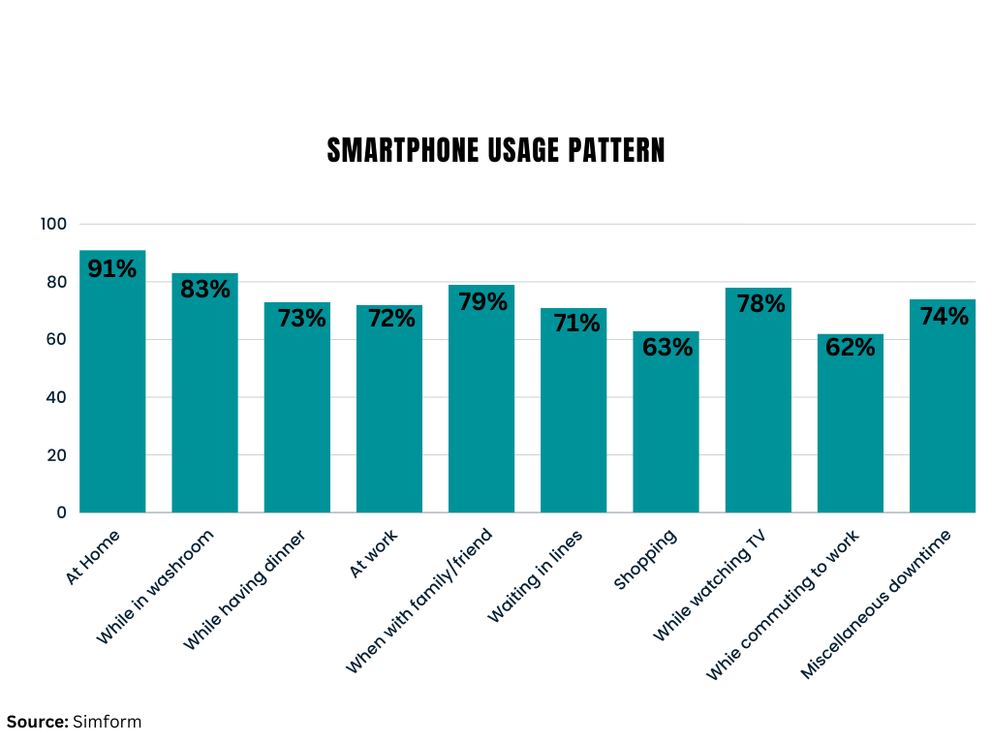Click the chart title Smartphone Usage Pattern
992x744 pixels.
pos(496,151)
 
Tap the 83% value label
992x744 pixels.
pos(205,289)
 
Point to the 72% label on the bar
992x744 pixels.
pos(389,318)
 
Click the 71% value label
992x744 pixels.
pos(574,323)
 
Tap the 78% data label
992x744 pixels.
pos(759,303)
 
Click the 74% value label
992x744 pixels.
pos(943,316)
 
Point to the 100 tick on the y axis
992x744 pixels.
pos(53,224)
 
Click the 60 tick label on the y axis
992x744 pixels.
pos(57,339)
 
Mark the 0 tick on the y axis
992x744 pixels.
pos(61,512)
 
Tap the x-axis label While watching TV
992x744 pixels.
pos(719,585)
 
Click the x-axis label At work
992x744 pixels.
pos(374,554)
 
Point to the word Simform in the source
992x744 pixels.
pos(107,722)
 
